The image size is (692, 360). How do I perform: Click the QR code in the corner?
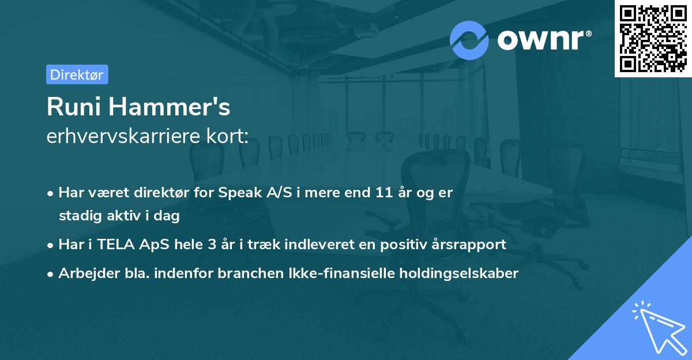[x=653, y=38]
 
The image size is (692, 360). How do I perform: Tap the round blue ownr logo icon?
[x=469, y=40]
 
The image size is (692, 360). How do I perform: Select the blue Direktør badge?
[x=77, y=74]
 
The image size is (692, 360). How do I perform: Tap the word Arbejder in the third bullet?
[x=86, y=273]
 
